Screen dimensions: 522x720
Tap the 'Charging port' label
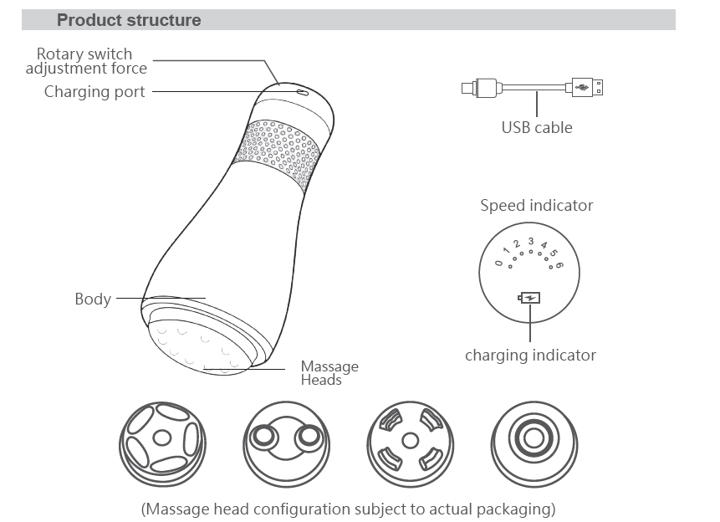(94, 91)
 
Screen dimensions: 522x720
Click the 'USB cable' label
(537, 127)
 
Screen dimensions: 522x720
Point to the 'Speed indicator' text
(536, 205)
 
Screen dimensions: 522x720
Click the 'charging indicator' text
(530, 355)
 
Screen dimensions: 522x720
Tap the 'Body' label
(93, 299)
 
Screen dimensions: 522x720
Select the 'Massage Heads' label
(329, 373)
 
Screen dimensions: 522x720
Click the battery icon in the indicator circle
(530, 297)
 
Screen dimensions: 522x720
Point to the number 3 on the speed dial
(530, 242)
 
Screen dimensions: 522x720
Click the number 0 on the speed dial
(499, 264)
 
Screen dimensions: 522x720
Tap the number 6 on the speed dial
(559, 264)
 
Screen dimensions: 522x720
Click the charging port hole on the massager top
(303, 93)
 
